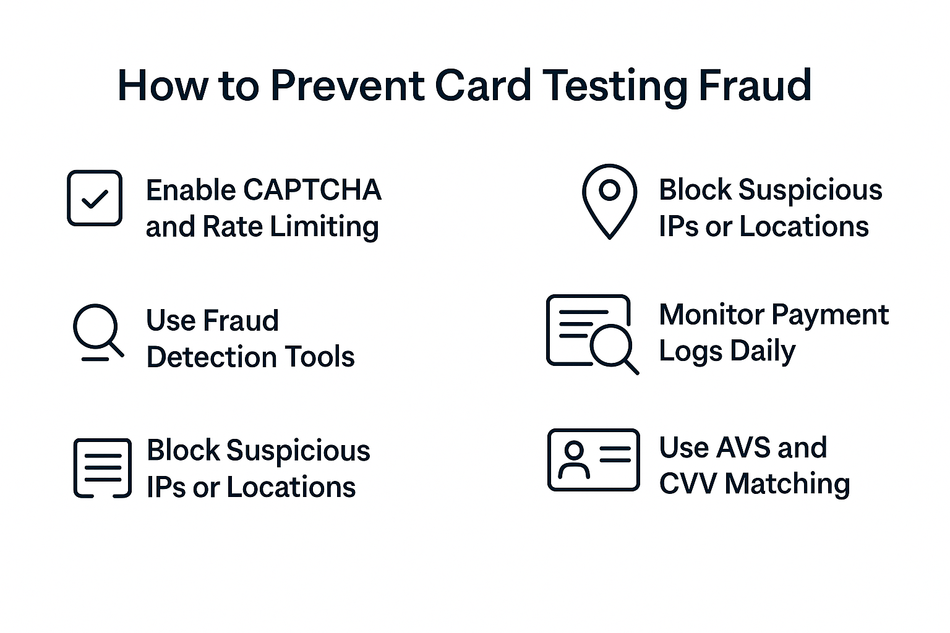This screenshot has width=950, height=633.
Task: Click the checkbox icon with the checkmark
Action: [95, 198]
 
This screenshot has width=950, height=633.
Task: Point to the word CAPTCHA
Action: [312, 190]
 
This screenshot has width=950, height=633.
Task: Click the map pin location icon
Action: [609, 200]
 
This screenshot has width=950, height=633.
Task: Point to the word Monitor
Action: [711, 315]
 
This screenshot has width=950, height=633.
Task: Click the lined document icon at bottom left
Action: [102, 468]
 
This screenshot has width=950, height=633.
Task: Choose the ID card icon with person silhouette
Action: [593, 460]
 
